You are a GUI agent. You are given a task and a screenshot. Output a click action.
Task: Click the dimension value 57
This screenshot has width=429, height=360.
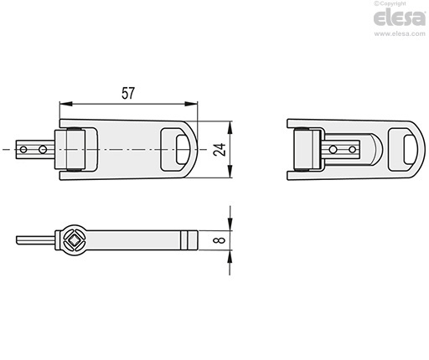128,93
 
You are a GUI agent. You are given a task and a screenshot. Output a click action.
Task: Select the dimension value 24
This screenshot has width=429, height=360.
220,150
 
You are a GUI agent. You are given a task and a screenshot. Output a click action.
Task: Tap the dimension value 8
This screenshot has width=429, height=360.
220,240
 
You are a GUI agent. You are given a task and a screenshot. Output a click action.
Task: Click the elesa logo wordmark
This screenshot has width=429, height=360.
400,18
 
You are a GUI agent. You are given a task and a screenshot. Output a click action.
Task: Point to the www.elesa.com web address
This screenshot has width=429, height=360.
400,33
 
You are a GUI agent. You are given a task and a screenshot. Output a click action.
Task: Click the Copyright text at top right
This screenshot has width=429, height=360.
390,3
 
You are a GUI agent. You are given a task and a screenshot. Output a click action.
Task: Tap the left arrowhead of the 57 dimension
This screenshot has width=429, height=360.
66,104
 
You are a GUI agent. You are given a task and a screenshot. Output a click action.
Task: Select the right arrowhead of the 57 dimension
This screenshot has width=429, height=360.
191,104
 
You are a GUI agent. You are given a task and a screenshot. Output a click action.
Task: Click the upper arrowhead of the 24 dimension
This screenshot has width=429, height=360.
230,127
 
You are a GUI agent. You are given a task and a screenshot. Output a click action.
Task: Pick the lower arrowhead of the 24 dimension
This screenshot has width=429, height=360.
230,172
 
